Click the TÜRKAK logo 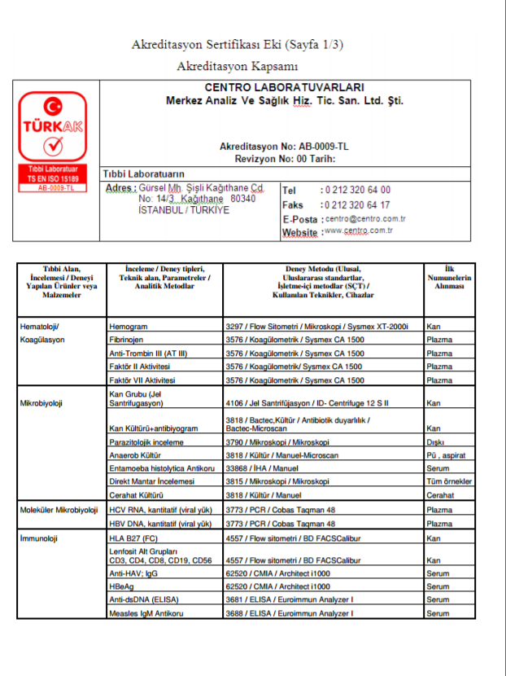(x=54, y=129)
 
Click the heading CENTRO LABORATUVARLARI (x=285, y=88)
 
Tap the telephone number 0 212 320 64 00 (x=357, y=190)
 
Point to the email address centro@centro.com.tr (x=365, y=219)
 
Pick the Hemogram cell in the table (x=129, y=327)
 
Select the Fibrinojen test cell (x=129, y=340)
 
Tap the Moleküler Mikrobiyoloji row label (x=58, y=510)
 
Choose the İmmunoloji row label (x=40, y=538)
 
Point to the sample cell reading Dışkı (x=435, y=442)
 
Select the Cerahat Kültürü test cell (x=137, y=495)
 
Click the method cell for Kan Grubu (x=319, y=402)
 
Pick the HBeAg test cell (x=122, y=586)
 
